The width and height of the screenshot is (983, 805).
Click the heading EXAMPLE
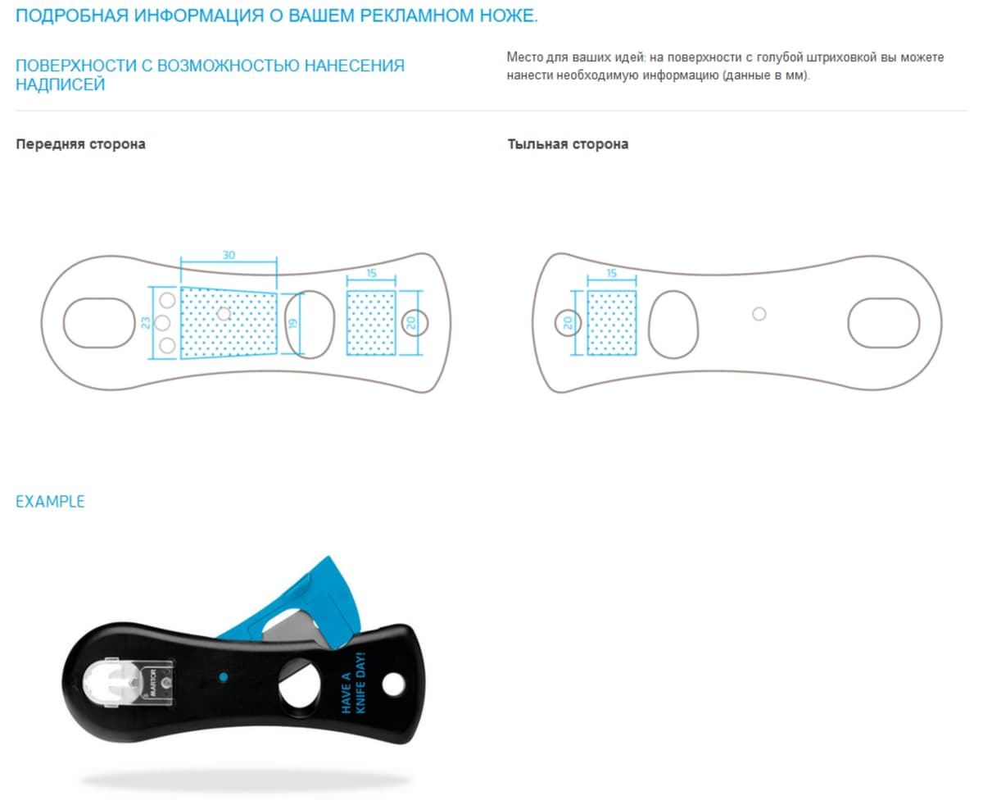(50, 502)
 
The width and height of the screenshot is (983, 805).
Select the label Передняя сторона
(80, 144)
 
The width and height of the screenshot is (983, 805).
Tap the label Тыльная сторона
(568, 144)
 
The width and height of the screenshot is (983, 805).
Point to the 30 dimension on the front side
(229, 255)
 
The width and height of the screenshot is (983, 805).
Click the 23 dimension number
(146, 322)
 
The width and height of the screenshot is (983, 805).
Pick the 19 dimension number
(292, 324)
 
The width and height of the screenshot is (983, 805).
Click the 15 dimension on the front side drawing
(371, 272)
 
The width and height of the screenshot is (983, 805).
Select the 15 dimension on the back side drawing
(612, 272)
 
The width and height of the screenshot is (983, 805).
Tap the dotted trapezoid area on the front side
(228, 321)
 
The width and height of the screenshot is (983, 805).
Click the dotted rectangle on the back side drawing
(612, 322)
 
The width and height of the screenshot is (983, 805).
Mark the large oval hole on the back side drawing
(882, 322)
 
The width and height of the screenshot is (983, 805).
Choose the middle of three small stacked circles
(166, 322)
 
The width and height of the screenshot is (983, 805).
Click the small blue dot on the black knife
(222, 677)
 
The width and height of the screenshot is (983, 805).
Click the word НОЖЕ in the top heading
(504, 16)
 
